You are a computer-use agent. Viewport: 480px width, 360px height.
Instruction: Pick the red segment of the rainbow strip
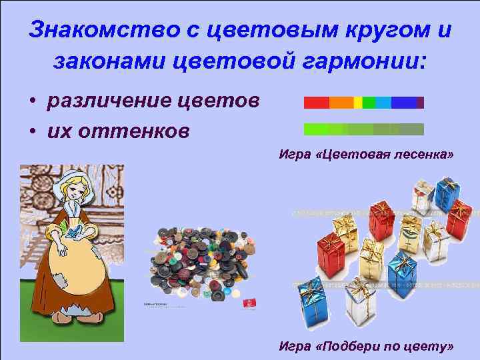pyautogui.click(x=316, y=103)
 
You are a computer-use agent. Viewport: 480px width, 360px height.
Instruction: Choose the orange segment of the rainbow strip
pyautogui.click(x=341, y=103)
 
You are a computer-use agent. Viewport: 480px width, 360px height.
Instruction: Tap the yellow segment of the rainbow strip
pyautogui.click(x=357, y=103)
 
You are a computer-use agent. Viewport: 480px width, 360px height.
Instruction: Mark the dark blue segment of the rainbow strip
pyautogui.click(x=404, y=103)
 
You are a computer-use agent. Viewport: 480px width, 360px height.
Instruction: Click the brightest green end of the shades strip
pyautogui.click(x=313, y=129)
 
